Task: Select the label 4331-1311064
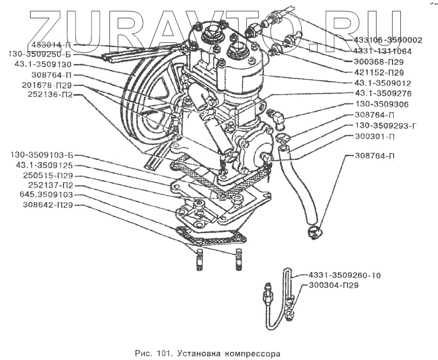(x=381, y=51)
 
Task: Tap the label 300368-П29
(x=375, y=61)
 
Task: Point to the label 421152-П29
(x=375, y=72)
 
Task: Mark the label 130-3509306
(x=382, y=104)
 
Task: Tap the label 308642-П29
(x=48, y=205)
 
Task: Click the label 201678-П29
(x=47, y=85)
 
